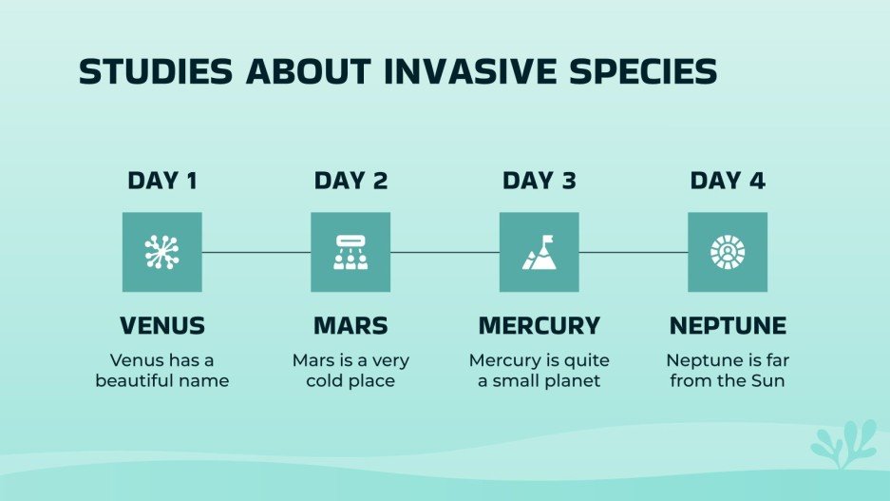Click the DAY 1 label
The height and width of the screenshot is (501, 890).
(x=162, y=181)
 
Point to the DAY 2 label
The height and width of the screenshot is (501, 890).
(x=350, y=181)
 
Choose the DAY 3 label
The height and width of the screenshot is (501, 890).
(x=539, y=181)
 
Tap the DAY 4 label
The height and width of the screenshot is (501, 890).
(x=728, y=181)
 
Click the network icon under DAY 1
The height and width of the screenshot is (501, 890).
(x=162, y=252)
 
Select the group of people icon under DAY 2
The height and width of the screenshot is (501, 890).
(x=350, y=252)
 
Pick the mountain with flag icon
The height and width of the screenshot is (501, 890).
(x=539, y=252)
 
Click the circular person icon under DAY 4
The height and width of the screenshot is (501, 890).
(x=728, y=252)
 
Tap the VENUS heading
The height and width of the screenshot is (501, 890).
(x=162, y=326)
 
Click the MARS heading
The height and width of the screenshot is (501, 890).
(x=350, y=326)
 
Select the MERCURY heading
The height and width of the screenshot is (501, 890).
(x=539, y=326)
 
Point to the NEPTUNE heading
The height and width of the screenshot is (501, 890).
(x=728, y=326)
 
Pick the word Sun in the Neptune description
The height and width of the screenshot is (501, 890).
(x=767, y=381)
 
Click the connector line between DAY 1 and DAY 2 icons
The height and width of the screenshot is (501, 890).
(x=256, y=252)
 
